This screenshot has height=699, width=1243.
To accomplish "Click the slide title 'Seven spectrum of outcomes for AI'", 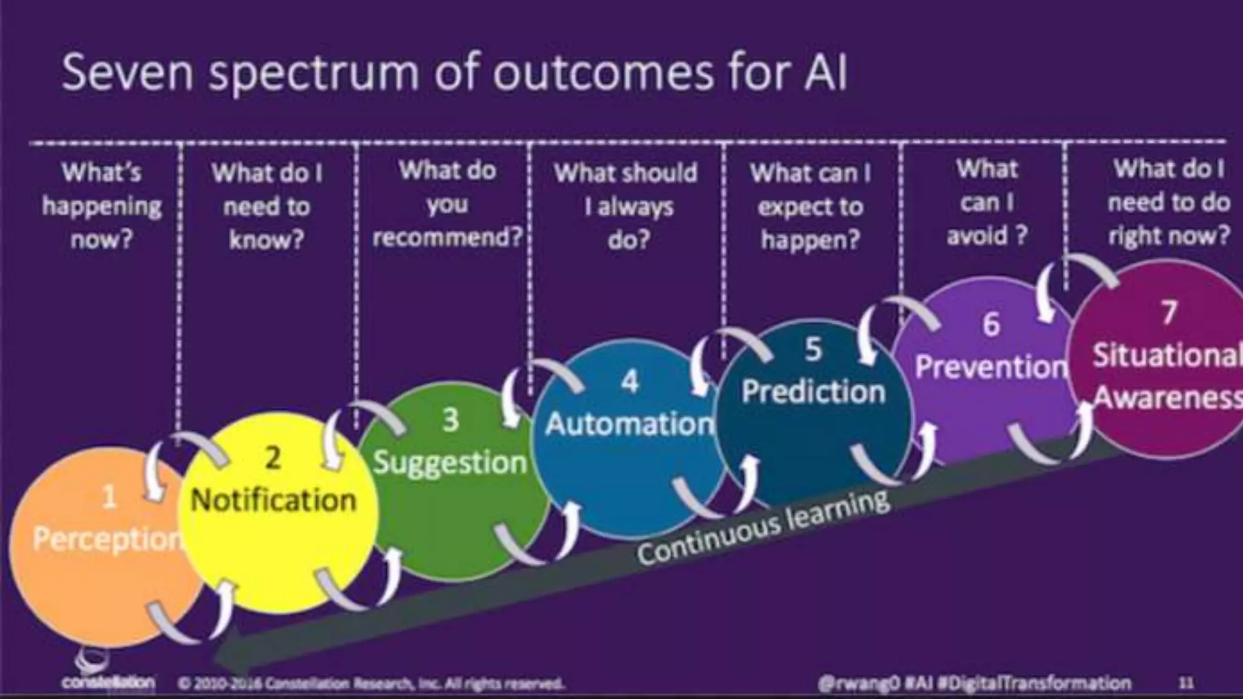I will (454, 73).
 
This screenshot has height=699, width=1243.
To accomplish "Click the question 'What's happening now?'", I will (101, 206).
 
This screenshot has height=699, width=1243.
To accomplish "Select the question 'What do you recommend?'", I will (447, 203).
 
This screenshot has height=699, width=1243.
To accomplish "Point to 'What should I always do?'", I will (627, 206).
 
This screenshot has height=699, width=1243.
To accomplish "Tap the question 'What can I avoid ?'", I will (986, 202).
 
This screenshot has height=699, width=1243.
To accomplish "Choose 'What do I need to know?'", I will (266, 206).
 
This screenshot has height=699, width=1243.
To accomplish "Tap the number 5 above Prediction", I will (813, 349).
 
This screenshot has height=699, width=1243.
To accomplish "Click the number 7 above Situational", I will (1168, 313).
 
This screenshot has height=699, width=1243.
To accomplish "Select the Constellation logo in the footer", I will (106, 674).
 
